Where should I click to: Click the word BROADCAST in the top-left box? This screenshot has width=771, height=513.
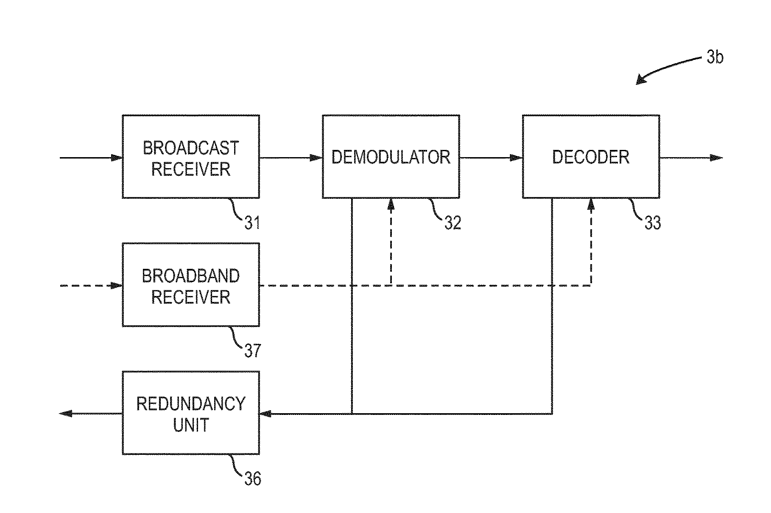point(191,148)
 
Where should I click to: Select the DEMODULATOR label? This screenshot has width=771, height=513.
point(391,157)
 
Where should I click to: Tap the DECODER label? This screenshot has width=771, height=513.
point(591,157)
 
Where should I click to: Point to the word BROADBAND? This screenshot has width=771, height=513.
point(191,276)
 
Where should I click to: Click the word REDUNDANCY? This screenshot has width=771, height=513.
point(191,404)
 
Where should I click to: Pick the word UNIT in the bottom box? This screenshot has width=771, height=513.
point(191,425)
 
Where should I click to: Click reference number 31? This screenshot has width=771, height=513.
point(252,223)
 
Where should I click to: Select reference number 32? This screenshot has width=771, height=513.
point(453,223)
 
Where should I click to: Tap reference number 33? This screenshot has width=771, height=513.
point(653,223)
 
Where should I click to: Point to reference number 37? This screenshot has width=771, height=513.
point(252,351)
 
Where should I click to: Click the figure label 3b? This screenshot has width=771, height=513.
point(715,57)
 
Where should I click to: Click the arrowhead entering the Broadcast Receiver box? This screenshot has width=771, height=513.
point(117,158)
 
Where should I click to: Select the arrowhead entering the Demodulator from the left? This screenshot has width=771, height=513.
point(316,158)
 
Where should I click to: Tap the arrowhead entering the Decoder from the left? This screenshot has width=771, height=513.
point(517,158)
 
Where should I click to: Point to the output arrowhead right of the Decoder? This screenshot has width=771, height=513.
point(717,158)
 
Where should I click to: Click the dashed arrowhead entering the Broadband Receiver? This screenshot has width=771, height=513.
point(117,286)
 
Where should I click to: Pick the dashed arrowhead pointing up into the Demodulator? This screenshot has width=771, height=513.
point(391,204)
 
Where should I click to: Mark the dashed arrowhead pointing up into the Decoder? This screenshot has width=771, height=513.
point(591,204)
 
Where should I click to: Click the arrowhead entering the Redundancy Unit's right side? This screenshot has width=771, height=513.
point(265,414)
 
